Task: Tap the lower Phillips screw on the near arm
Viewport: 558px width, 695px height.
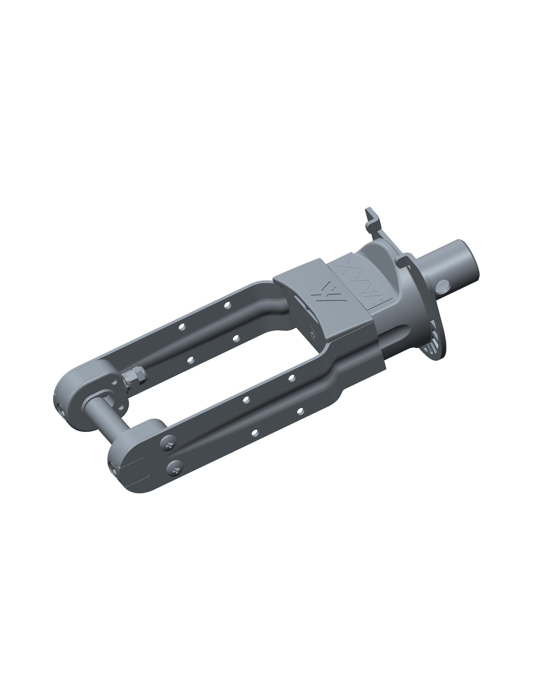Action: click(x=175, y=468)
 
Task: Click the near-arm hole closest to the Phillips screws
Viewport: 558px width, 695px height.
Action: click(x=255, y=433)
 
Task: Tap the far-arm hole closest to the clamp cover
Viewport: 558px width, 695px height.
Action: click(x=228, y=304)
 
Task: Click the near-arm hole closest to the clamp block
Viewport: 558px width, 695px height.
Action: click(x=292, y=378)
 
